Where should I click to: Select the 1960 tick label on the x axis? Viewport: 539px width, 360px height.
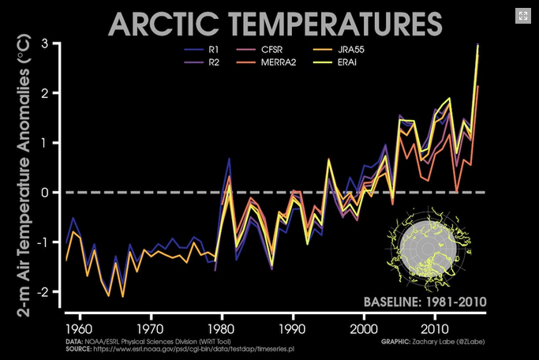pos(77,327)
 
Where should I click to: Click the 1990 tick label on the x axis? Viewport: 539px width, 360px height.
pos(292,327)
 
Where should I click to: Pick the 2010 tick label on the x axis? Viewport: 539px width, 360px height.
pos(435,327)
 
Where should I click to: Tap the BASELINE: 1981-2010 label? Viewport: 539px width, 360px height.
pos(425,302)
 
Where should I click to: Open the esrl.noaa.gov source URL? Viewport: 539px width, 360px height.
pos(197,348)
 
